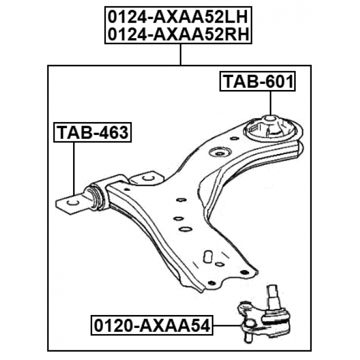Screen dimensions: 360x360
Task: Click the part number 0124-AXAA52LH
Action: click(x=178, y=17)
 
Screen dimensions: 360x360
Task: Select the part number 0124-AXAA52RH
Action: click(x=178, y=34)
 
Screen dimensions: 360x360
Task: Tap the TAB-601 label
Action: click(x=258, y=82)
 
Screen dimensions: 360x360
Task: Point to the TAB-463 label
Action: click(x=92, y=133)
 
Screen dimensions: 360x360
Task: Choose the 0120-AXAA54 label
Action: click(x=152, y=326)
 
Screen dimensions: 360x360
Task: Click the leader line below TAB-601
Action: click(x=271, y=103)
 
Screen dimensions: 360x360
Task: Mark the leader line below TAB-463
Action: click(x=74, y=169)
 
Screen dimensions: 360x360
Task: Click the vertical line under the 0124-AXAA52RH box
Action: click(x=181, y=55)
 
